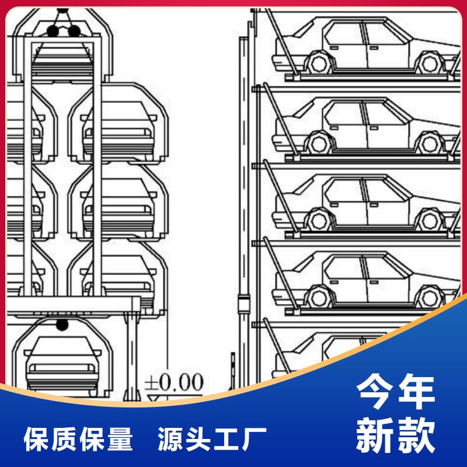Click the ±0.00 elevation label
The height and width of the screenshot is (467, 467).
(x=173, y=382)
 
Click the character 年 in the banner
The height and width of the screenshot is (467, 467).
(x=415, y=392)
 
